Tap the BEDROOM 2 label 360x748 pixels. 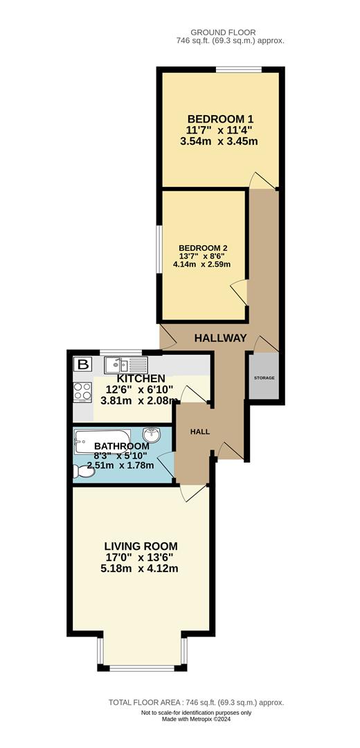point(204,248)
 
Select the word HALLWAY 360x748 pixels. point(220,338)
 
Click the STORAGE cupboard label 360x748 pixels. point(264,377)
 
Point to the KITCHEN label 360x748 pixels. point(141,378)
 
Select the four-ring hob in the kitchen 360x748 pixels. point(82,392)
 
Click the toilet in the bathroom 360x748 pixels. point(84,471)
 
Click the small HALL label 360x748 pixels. point(200,431)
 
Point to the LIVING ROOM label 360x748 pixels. point(141,545)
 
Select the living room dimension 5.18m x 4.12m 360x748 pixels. point(141,569)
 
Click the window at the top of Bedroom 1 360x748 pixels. point(238,69)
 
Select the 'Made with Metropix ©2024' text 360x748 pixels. point(196,719)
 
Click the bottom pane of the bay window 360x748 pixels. point(142,668)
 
